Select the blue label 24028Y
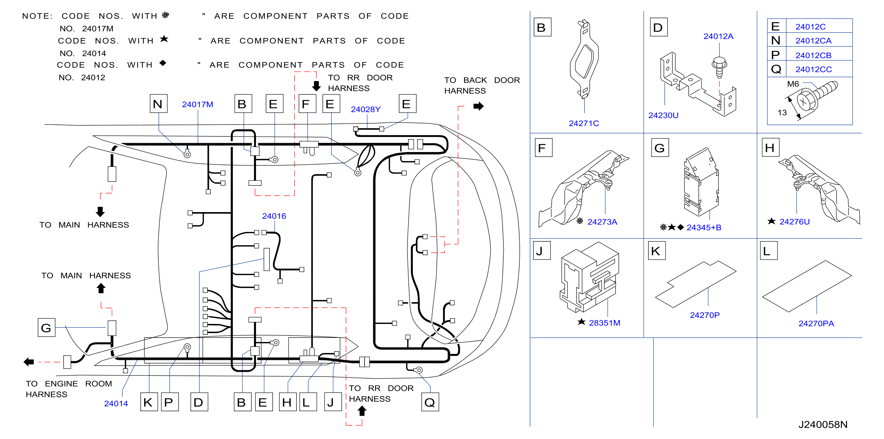click(365, 109)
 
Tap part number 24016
click(274, 216)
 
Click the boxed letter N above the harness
click(158, 104)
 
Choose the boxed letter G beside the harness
click(46, 327)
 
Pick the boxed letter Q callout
click(430, 402)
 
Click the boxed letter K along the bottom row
click(149, 402)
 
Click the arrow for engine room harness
click(29, 361)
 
